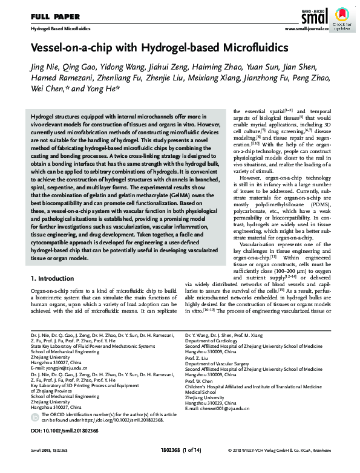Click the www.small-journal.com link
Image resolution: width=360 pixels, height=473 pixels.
306,28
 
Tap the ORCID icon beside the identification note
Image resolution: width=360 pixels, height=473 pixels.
35,417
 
